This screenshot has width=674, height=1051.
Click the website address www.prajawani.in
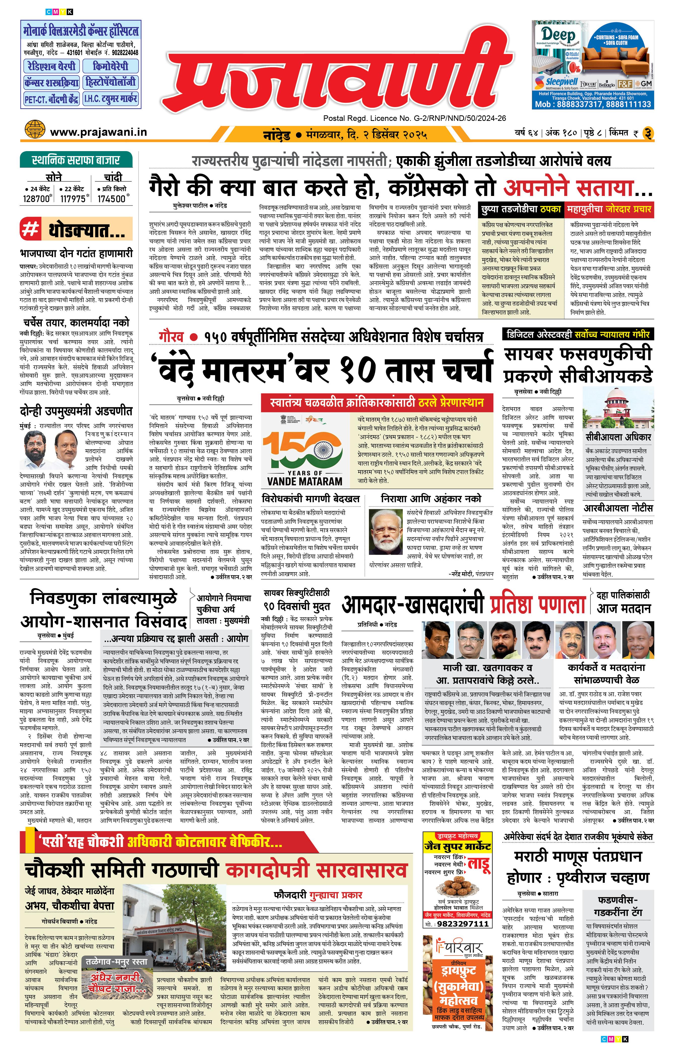(98, 132)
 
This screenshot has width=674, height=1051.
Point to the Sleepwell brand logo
(556, 83)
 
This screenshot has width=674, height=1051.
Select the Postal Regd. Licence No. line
(414, 118)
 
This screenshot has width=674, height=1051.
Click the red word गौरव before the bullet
(171, 337)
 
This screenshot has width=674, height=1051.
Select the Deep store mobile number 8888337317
(578, 104)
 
